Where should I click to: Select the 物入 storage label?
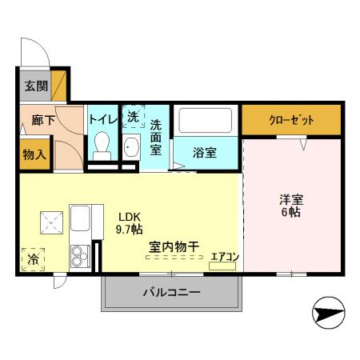[x=33, y=154]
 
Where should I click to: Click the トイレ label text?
[x=103, y=118]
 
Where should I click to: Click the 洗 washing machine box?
[x=132, y=117]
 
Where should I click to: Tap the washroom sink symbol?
[x=131, y=147]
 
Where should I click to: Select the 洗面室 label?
[x=157, y=137]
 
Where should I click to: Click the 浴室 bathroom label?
[x=205, y=153]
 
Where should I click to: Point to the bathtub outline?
[x=206, y=121]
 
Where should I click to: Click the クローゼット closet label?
[x=291, y=120]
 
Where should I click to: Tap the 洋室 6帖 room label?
[x=290, y=205]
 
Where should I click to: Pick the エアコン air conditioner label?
[x=224, y=258]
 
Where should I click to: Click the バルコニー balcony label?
[x=171, y=293]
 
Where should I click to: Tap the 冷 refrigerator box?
[x=33, y=259]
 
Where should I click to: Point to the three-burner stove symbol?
[x=81, y=256]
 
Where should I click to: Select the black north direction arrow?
[x=328, y=313]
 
